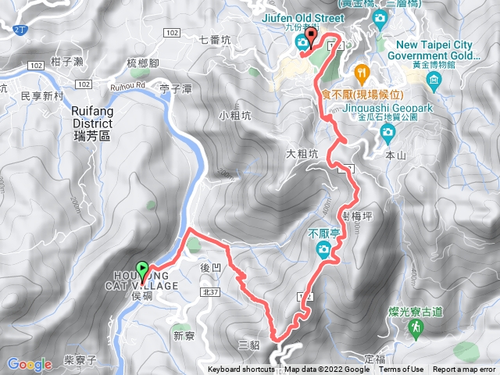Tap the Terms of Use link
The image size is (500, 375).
point(401,370)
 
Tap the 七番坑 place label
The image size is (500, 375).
point(215,39)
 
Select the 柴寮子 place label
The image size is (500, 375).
point(80,360)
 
